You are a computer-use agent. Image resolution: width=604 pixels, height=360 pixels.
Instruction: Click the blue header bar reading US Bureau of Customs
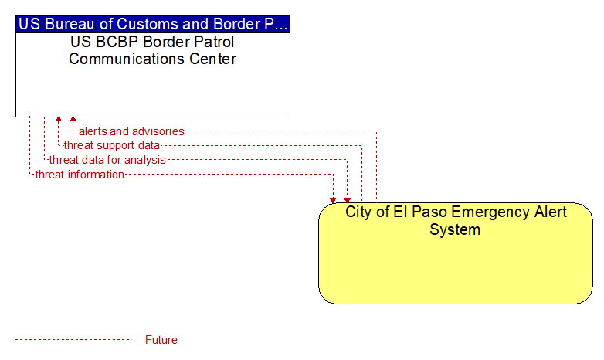[x=153, y=24]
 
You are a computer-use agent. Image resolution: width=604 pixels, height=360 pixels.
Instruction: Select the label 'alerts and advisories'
[x=131, y=131]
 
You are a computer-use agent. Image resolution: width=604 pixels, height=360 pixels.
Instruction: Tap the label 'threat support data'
[x=112, y=145]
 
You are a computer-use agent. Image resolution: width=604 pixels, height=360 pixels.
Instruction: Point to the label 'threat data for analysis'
[x=107, y=160]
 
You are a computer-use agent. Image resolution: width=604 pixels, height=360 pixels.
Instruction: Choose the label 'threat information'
[x=80, y=175]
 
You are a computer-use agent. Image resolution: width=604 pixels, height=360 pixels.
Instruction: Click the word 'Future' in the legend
[x=161, y=340]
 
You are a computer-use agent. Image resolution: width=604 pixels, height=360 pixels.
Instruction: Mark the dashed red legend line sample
[x=73, y=340]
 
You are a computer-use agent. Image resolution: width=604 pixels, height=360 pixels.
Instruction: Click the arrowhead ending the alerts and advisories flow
[x=73, y=120]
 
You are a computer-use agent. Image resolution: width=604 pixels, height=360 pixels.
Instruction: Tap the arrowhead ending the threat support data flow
[x=59, y=120]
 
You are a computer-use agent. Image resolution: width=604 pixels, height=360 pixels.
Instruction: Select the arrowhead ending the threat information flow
[x=333, y=200]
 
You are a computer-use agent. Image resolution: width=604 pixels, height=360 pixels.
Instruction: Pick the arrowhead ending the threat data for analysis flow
[x=348, y=200]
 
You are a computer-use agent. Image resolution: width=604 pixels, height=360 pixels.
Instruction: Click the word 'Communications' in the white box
[x=127, y=59]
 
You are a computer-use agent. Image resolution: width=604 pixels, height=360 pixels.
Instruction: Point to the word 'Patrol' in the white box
[x=215, y=42]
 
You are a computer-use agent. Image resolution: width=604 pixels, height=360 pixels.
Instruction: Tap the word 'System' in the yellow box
[x=455, y=229]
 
